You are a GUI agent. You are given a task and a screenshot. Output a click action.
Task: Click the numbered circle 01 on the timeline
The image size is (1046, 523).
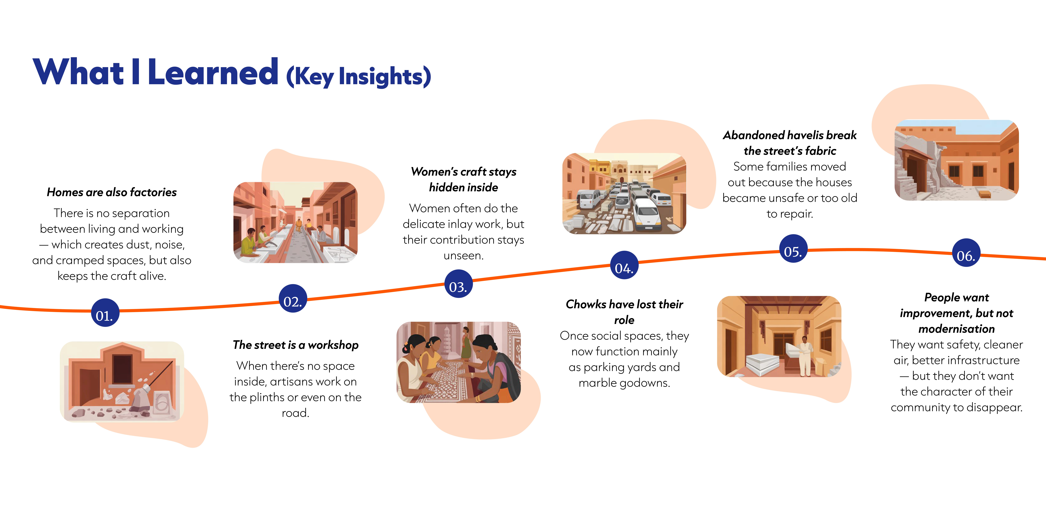pos(105,313)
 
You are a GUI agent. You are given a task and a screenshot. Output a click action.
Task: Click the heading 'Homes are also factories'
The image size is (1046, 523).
pos(112,192)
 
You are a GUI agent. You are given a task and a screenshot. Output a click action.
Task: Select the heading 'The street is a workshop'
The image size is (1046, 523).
pos(296,345)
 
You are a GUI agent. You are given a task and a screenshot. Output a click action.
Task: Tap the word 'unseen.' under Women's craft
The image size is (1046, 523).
pos(463,255)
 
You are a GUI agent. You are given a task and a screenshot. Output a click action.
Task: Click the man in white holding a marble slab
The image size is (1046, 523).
pos(804,355)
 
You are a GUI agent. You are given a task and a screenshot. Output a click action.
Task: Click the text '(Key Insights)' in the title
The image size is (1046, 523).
pos(359,76)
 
